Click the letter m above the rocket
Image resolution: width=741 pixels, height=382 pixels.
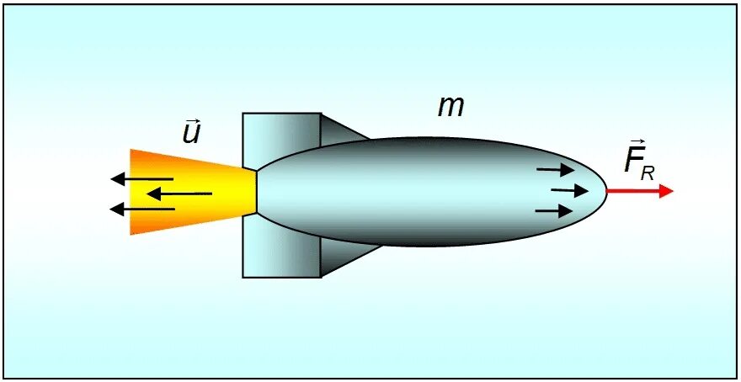pos(451,107)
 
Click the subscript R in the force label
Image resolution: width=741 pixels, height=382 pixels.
pos(648,172)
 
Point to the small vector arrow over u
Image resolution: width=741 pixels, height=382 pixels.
pos(192,120)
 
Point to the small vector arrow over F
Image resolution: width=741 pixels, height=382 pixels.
pos(635,145)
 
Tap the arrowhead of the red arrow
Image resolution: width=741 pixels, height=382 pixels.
pos(666,191)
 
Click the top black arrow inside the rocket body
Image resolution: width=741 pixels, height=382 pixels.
pos(555,170)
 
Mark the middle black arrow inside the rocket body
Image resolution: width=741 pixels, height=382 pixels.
pos(569,190)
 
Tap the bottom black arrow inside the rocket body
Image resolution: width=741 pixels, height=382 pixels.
pos(554,210)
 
